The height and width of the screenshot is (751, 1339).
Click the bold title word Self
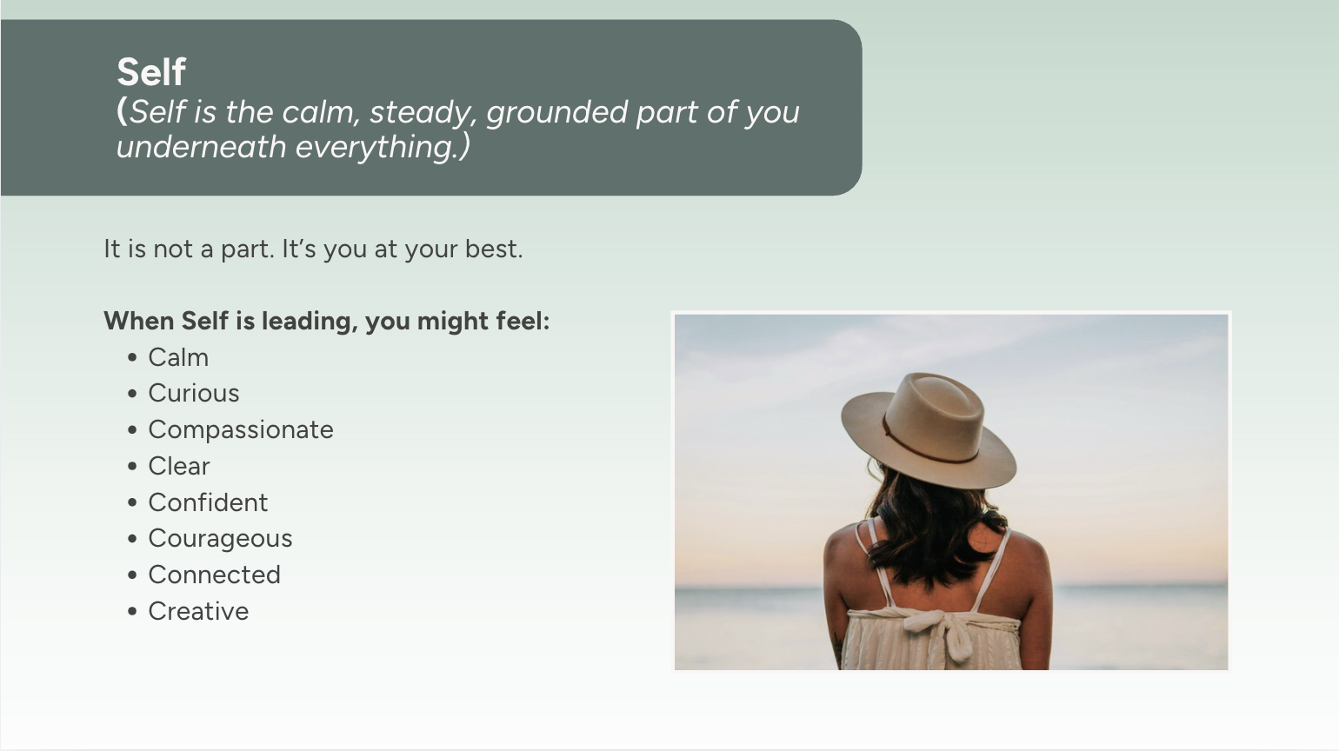point(151,71)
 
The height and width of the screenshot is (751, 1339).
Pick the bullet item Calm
point(179,357)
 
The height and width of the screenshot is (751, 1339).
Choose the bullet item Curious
point(194,393)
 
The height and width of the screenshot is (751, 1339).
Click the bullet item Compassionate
point(241,430)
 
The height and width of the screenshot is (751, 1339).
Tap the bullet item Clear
point(179,466)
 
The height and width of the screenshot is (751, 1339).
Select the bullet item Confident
point(208,502)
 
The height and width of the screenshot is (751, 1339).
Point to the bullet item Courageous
point(221,539)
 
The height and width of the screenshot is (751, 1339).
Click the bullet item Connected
point(215,575)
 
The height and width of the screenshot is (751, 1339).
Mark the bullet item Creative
point(198,611)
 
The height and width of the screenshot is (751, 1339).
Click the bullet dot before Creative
point(133,611)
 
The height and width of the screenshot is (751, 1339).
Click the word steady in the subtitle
point(421,113)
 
